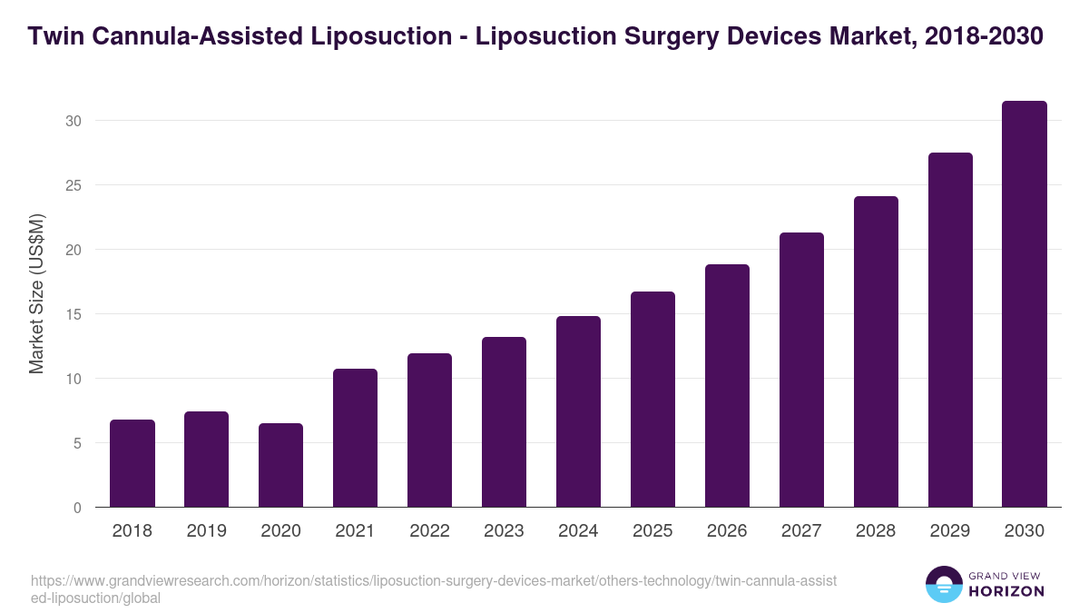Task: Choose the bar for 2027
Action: (x=801, y=370)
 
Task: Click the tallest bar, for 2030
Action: (x=1025, y=304)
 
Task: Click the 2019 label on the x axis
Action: (x=207, y=531)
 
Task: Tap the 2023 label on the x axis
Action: (x=504, y=531)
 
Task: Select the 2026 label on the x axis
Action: (x=727, y=531)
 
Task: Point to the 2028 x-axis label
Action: (x=876, y=531)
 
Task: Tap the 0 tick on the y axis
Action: (x=79, y=508)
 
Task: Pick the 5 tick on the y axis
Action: (x=79, y=443)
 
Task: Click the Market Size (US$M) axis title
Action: (x=36, y=293)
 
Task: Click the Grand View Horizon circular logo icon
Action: (x=944, y=585)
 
